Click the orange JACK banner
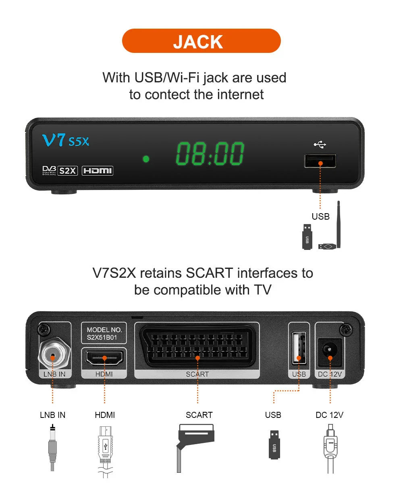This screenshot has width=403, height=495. pos(201,41)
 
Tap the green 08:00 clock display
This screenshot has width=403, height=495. pos(210,154)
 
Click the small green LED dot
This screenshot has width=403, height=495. pos(146,159)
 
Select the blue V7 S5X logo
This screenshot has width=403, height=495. pos(66,140)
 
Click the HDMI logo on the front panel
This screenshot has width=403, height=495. pos(98,171)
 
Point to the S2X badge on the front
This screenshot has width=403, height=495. pos(67,171)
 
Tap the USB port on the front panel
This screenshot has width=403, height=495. pos(320,161)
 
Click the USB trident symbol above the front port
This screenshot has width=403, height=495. pos(320,145)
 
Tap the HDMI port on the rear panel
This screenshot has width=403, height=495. pos(104,358)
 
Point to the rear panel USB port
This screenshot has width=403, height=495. pos(299,348)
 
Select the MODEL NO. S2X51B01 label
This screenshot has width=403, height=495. pos(104,333)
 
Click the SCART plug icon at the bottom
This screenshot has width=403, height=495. pos(195,448)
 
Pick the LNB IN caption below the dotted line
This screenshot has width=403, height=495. pos(53,415)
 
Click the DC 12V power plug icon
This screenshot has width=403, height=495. pos(330,449)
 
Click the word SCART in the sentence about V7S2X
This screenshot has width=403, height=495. pos(209,273)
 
